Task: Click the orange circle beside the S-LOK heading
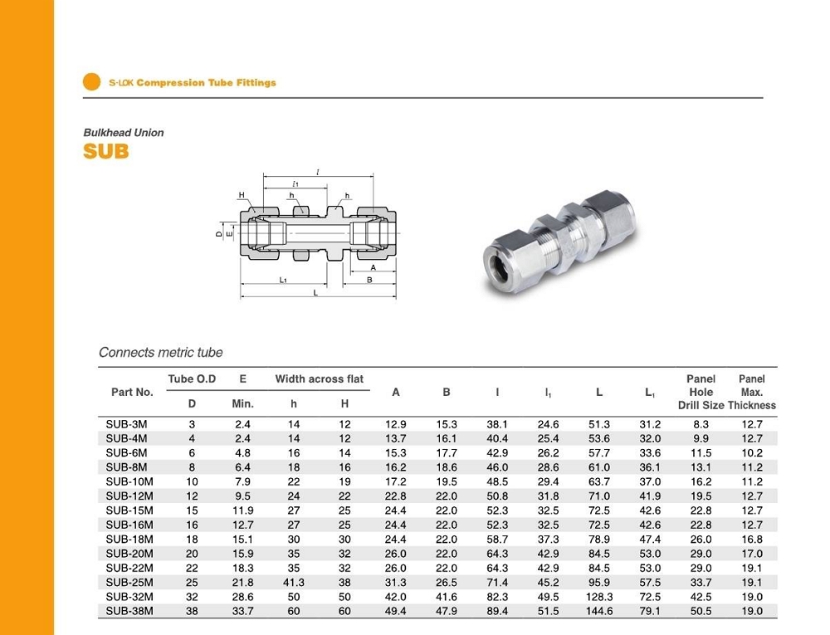92,82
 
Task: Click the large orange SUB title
106,152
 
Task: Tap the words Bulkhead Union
124,133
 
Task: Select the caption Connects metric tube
161,353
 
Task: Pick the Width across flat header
320,379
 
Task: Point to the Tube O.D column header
192,379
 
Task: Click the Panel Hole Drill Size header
701,392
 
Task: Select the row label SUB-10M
130,481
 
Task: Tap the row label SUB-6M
127,453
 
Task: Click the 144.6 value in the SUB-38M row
598,611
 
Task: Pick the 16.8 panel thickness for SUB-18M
752,540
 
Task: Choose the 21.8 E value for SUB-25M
242,583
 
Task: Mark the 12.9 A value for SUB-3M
396,424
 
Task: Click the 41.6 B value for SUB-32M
447,597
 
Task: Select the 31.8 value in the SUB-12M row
548,496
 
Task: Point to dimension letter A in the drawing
373,267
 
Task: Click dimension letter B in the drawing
369,280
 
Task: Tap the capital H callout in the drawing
242,196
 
